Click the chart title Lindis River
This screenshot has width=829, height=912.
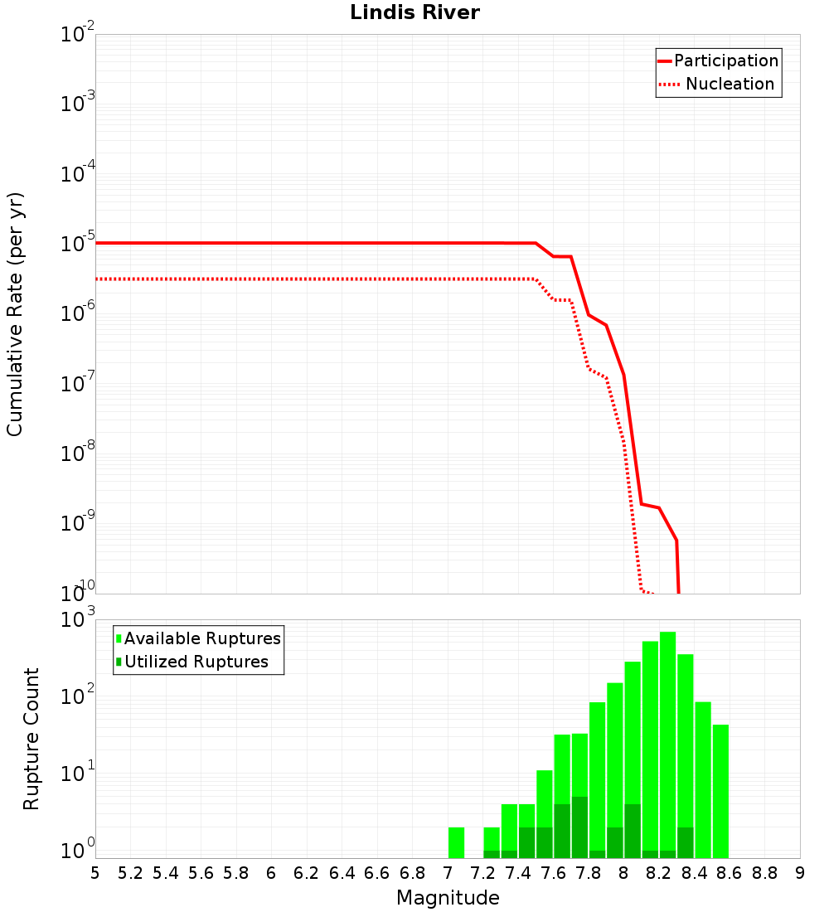[x=414, y=13]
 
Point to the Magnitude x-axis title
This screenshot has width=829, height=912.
[x=448, y=898]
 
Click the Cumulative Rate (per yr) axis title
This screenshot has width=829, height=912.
[x=15, y=313]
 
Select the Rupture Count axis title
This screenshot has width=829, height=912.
[x=32, y=739]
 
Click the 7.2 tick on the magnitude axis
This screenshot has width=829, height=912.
[x=482, y=873]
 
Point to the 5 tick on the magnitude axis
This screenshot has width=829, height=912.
[x=95, y=873]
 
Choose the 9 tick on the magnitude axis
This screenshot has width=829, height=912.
[x=800, y=873]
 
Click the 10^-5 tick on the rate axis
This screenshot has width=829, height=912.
[x=76, y=244]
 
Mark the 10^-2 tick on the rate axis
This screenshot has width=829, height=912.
[x=76, y=35]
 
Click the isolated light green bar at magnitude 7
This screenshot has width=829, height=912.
[x=456, y=842]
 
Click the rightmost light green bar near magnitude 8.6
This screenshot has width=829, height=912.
[x=720, y=792]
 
